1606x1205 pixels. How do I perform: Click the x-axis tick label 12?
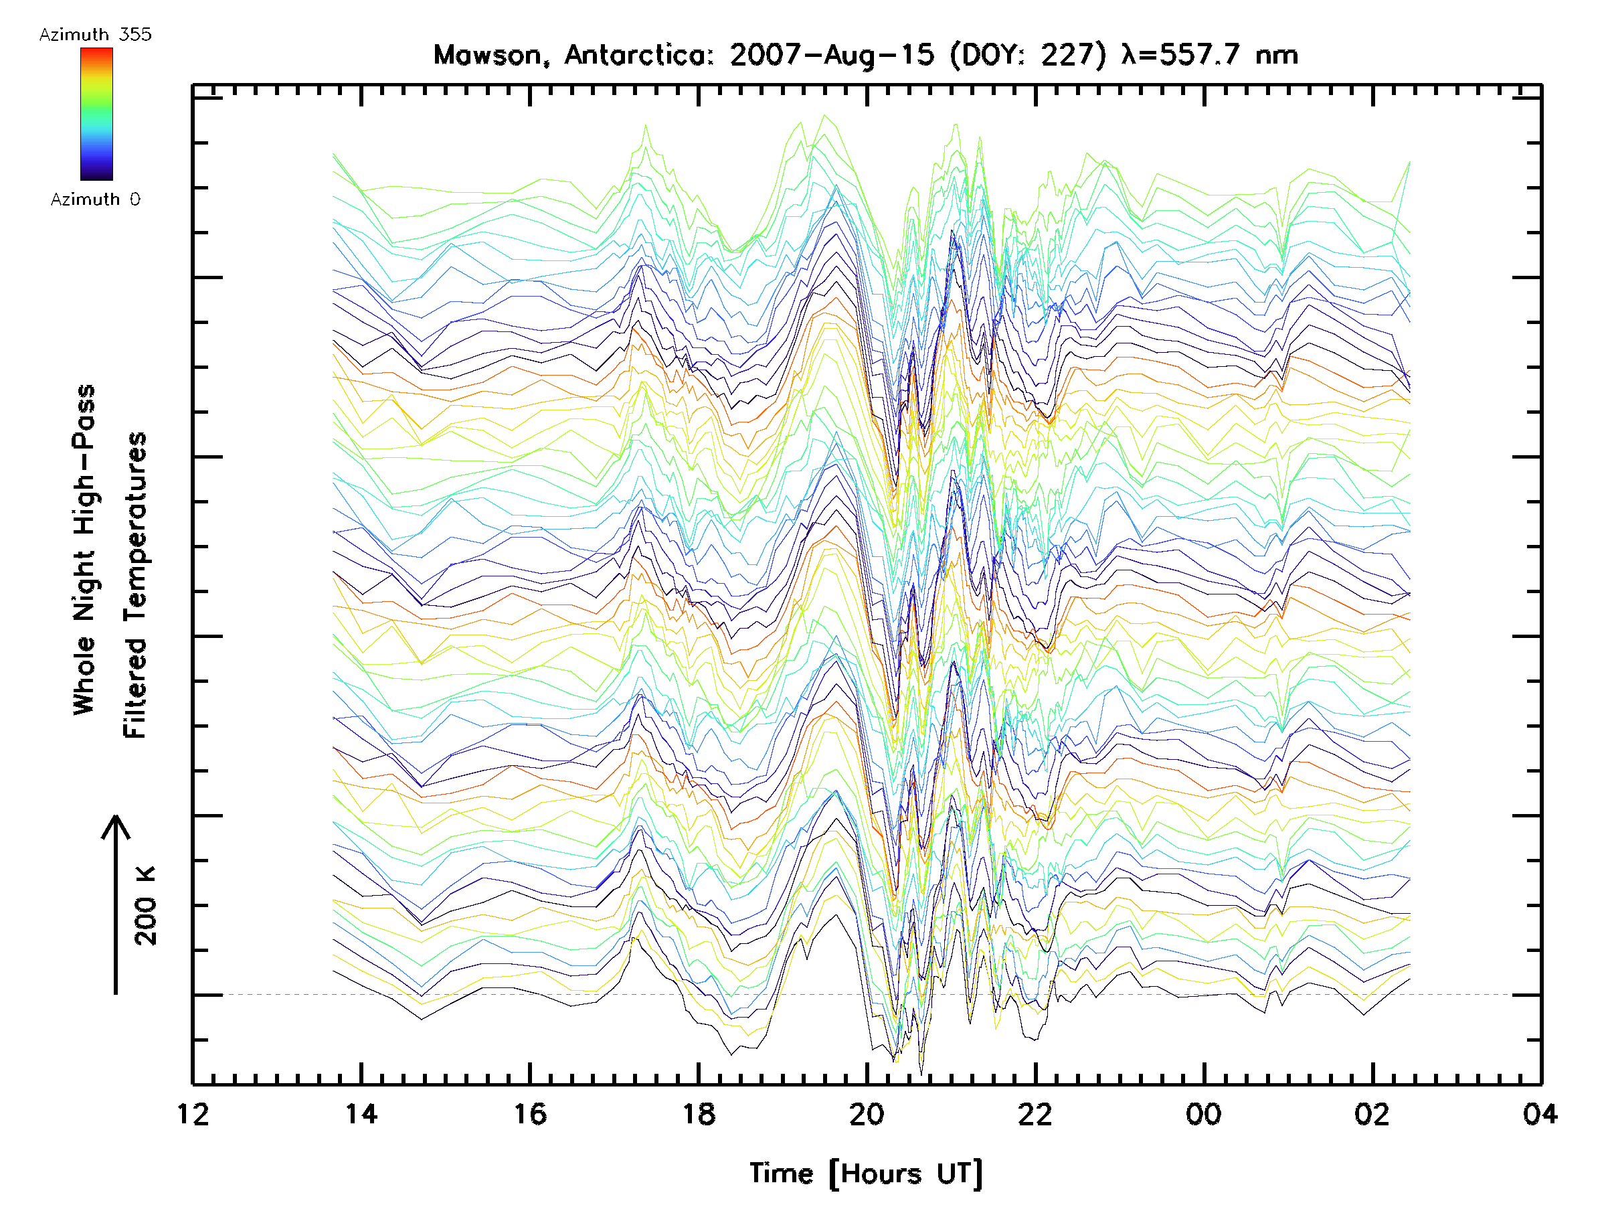193,1113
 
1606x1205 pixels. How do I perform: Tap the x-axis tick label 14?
361,1113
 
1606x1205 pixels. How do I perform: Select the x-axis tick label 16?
530,1113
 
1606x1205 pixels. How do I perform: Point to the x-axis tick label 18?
699,1113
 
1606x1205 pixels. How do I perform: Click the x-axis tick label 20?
867,1113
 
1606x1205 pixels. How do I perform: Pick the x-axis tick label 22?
1035,1113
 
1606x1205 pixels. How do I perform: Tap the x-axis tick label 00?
1204,1113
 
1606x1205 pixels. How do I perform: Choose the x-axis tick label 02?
1372,1113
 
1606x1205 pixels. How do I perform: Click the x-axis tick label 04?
1540,1113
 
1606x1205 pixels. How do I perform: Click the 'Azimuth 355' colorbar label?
95,34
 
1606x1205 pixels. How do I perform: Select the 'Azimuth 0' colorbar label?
95,199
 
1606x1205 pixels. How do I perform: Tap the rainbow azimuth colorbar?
96,114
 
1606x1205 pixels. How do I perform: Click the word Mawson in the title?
488,55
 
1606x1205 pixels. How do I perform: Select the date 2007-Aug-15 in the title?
831,55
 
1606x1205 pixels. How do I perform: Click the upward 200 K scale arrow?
116,905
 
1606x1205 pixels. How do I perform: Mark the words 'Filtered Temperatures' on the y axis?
135,586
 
